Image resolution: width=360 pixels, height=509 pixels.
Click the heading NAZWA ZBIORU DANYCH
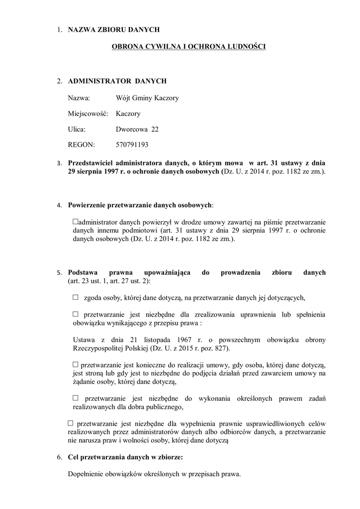point(113,30)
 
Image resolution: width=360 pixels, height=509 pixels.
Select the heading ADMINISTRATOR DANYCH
point(117,81)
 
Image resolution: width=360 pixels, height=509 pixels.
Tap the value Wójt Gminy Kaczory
point(147,97)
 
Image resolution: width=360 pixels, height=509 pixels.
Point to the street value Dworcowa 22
point(137,129)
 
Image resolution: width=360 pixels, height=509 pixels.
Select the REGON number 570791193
point(132,145)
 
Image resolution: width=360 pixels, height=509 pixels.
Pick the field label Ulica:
point(77,129)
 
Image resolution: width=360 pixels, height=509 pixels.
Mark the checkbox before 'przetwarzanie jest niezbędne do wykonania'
point(76,398)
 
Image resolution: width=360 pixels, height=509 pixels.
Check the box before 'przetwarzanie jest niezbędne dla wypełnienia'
point(70,423)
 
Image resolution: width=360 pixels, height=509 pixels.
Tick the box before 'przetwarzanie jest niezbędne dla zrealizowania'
point(76,314)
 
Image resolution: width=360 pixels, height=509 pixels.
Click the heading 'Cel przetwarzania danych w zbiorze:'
point(125,457)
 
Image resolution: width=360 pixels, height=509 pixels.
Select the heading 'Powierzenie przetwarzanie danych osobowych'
point(140,205)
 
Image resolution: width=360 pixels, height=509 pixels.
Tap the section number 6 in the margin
point(59,457)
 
